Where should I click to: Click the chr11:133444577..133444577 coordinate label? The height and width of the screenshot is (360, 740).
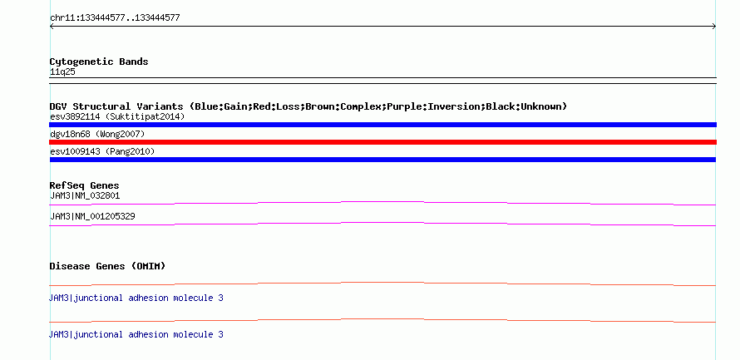[115, 18]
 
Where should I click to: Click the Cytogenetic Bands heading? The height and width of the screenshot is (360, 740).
[99, 62]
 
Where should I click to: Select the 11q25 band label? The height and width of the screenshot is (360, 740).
[62, 72]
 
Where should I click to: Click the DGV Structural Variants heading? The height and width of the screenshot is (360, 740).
[308, 106]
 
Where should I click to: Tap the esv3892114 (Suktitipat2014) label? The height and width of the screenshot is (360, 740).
[117, 116]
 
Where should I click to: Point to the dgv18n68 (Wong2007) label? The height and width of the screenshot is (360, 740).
[97, 135]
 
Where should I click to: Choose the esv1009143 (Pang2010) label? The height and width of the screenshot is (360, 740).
[102, 152]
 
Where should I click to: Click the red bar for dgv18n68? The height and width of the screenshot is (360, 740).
[382, 142]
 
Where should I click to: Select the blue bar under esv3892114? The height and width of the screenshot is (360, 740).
[382, 125]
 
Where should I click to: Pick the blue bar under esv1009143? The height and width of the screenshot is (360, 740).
[382, 160]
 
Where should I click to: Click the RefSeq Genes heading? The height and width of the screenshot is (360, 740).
[85, 185]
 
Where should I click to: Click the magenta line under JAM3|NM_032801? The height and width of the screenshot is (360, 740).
[382, 202]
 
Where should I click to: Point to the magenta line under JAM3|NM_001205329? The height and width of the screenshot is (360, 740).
[382, 223]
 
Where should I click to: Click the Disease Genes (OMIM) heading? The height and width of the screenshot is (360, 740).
[107, 266]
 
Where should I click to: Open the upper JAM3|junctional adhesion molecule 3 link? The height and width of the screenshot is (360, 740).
[136, 298]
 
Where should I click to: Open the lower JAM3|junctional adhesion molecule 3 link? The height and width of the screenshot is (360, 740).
[136, 334]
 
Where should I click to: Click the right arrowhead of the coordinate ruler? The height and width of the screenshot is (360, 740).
[714, 27]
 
